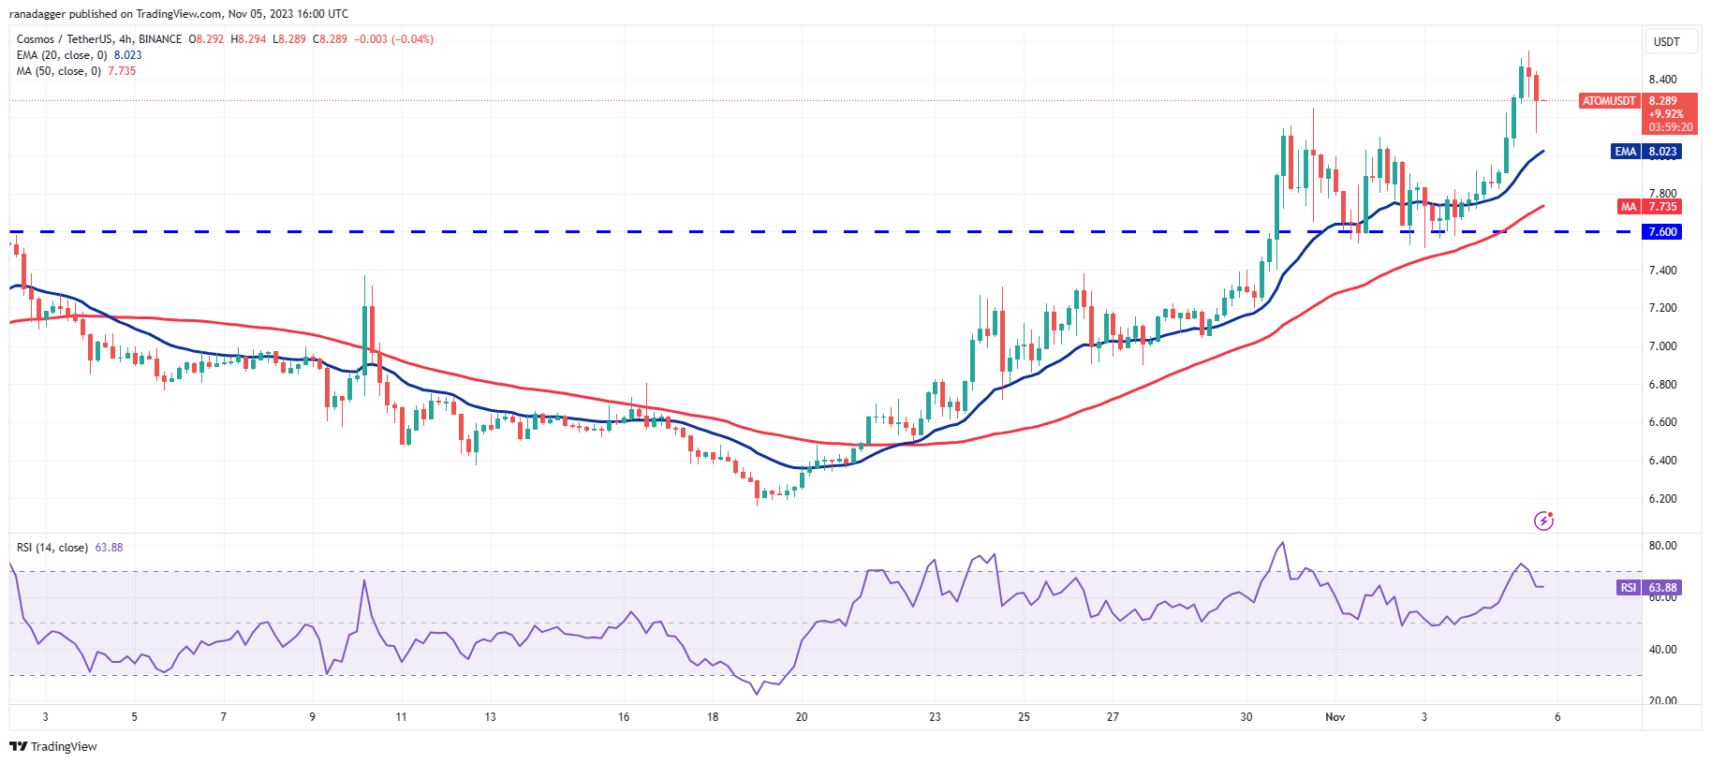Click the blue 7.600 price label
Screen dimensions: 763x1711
1662,232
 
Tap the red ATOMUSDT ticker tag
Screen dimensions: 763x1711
1609,101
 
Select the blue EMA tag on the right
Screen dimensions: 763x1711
1625,152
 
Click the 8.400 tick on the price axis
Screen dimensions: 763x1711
1662,80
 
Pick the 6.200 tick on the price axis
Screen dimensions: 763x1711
1662,499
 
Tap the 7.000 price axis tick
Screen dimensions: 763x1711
1662,346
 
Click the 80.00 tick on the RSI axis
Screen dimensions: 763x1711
1662,546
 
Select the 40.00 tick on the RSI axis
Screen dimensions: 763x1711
1662,650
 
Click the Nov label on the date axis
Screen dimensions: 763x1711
1335,717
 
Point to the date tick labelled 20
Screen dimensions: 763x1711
802,717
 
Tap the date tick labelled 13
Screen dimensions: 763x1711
490,717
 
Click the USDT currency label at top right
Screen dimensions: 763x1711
1666,42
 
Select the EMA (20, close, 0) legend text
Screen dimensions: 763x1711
62,55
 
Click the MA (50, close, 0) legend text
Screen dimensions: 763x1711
58,71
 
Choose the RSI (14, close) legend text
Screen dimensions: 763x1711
52,548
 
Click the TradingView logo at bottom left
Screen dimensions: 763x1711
53,746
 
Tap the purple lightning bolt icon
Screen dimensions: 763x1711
1543,521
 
